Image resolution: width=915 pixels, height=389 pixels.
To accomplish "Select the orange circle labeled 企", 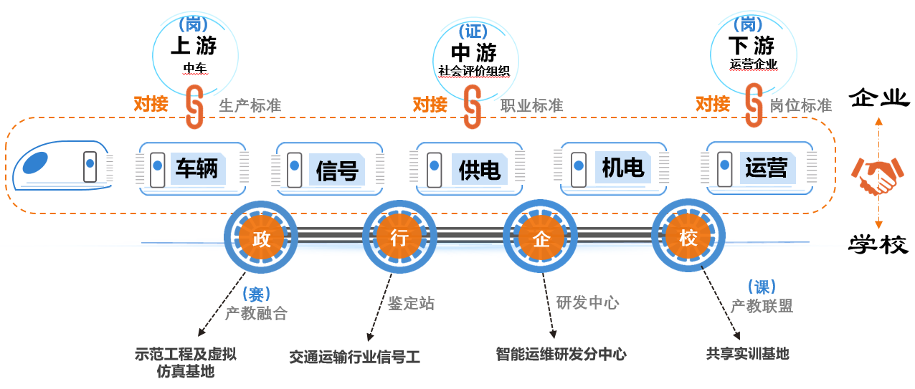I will (541, 239).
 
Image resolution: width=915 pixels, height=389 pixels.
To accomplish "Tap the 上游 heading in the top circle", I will (193, 47).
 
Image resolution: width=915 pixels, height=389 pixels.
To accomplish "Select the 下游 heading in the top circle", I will (752, 47).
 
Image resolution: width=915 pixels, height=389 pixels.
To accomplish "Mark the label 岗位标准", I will (800, 106).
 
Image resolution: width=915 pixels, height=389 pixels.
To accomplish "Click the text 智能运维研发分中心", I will (561, 354).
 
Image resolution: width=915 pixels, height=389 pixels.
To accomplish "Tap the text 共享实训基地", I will (747, 353).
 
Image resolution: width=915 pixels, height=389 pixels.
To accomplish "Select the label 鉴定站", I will (411, 303).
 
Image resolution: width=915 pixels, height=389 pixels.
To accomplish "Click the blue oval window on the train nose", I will (37, 162).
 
